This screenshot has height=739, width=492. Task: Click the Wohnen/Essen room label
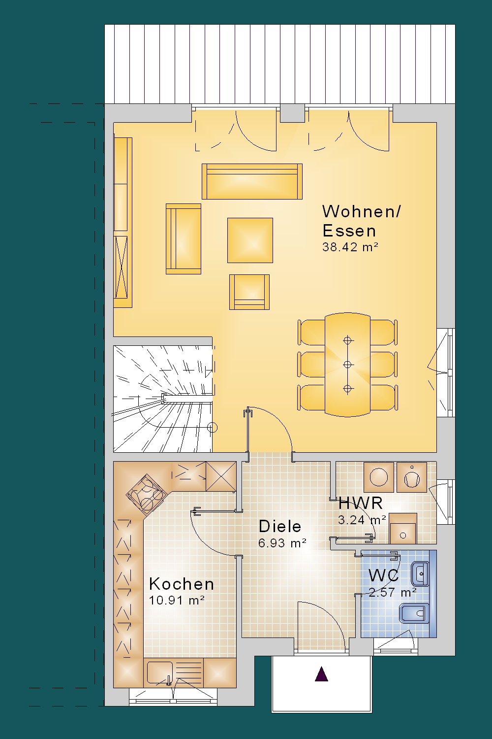point(362,221)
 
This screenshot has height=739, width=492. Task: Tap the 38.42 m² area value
point(350,247)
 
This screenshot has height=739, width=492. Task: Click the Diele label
point(280,526)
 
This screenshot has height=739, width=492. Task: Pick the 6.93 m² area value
point(282,543)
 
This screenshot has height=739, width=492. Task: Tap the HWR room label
point(361,504)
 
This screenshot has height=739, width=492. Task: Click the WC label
point(384,575)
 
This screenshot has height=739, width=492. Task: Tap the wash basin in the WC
point(420,574)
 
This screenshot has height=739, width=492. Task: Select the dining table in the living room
point(347,365)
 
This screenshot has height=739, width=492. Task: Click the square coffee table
point(250,240)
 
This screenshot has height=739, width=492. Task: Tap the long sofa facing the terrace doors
point(252,181)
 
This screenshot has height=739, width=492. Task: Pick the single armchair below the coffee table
point(249,292)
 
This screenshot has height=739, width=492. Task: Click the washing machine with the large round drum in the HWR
point(379,477)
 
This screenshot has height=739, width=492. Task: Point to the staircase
point(163,399)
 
